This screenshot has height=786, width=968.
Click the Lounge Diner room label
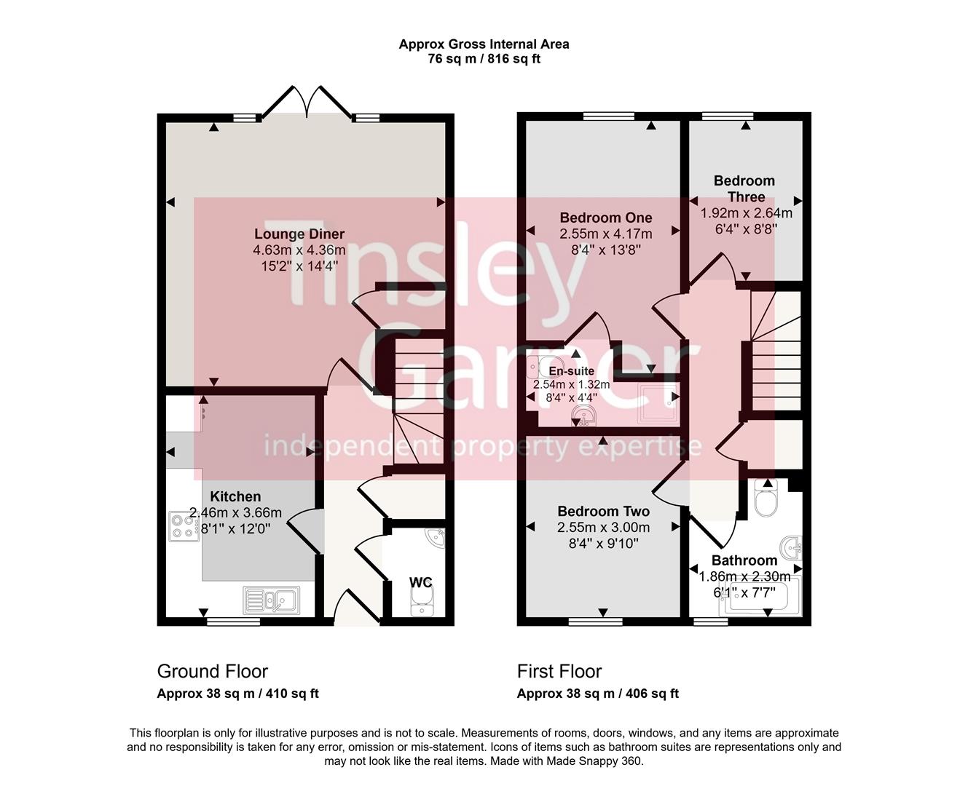tap(299, 234)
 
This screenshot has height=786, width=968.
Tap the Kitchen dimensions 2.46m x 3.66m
tap(235, 513)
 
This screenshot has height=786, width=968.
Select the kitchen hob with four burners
tap(184, 526)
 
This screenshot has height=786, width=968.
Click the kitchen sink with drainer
tap(271, 600)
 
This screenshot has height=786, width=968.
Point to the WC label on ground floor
tap(420, 582)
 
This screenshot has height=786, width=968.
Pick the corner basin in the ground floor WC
tap(436, 538)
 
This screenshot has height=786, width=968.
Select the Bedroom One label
tap(605, 218)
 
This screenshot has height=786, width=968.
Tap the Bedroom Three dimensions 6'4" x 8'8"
tap(746, 229)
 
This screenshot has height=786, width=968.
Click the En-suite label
tap(571, 371)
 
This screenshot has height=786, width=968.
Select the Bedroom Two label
tap(603, 512)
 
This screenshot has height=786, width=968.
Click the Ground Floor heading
tap(212, 671)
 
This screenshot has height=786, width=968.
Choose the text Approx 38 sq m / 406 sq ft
tap(597, 694)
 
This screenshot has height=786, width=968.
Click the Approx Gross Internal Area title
tap(484, 44)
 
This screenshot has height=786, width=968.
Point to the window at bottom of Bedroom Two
tap(596, 622)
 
